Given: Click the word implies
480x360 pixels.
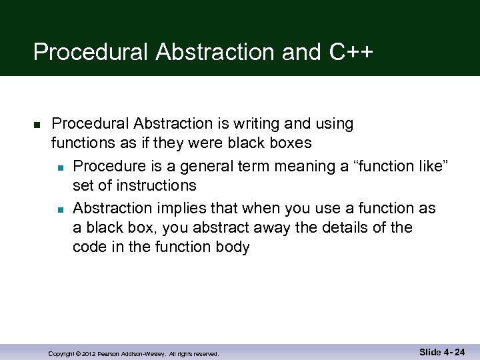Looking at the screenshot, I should click(x=183, y=208).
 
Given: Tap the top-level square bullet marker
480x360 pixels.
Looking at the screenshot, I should click(x=37, y=125).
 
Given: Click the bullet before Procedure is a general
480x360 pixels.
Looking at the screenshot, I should click(x=60, y=167).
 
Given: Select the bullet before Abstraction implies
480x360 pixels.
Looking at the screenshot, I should click(x=60, y=209).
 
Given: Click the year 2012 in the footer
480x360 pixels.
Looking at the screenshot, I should click(x=89, y=354).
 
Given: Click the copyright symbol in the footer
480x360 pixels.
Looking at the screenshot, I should click(x=77, y=354).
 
